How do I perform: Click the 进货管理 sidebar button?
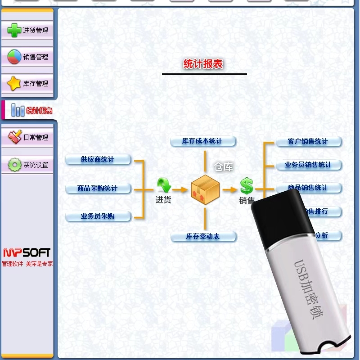point(28,31)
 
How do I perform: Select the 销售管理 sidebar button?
point(28,57)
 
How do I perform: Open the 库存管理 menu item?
point(28,84)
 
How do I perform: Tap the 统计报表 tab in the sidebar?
point(31,110)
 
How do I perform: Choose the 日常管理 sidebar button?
point(28,137)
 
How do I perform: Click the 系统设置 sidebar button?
point(28,165)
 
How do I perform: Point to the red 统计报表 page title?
point(203,64)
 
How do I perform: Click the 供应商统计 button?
point(98,159)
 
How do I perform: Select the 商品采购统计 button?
point(98,188)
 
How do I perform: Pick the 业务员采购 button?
point(98,216)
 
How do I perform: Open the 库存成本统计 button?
point(202,141)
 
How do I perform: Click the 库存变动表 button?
point(203,236)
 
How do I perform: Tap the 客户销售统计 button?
point(308,141)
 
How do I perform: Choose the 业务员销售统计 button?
point(308,165)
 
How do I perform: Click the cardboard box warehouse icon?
point(205,189)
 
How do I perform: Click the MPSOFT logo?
point(27,252)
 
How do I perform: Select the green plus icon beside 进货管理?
point(14,31)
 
